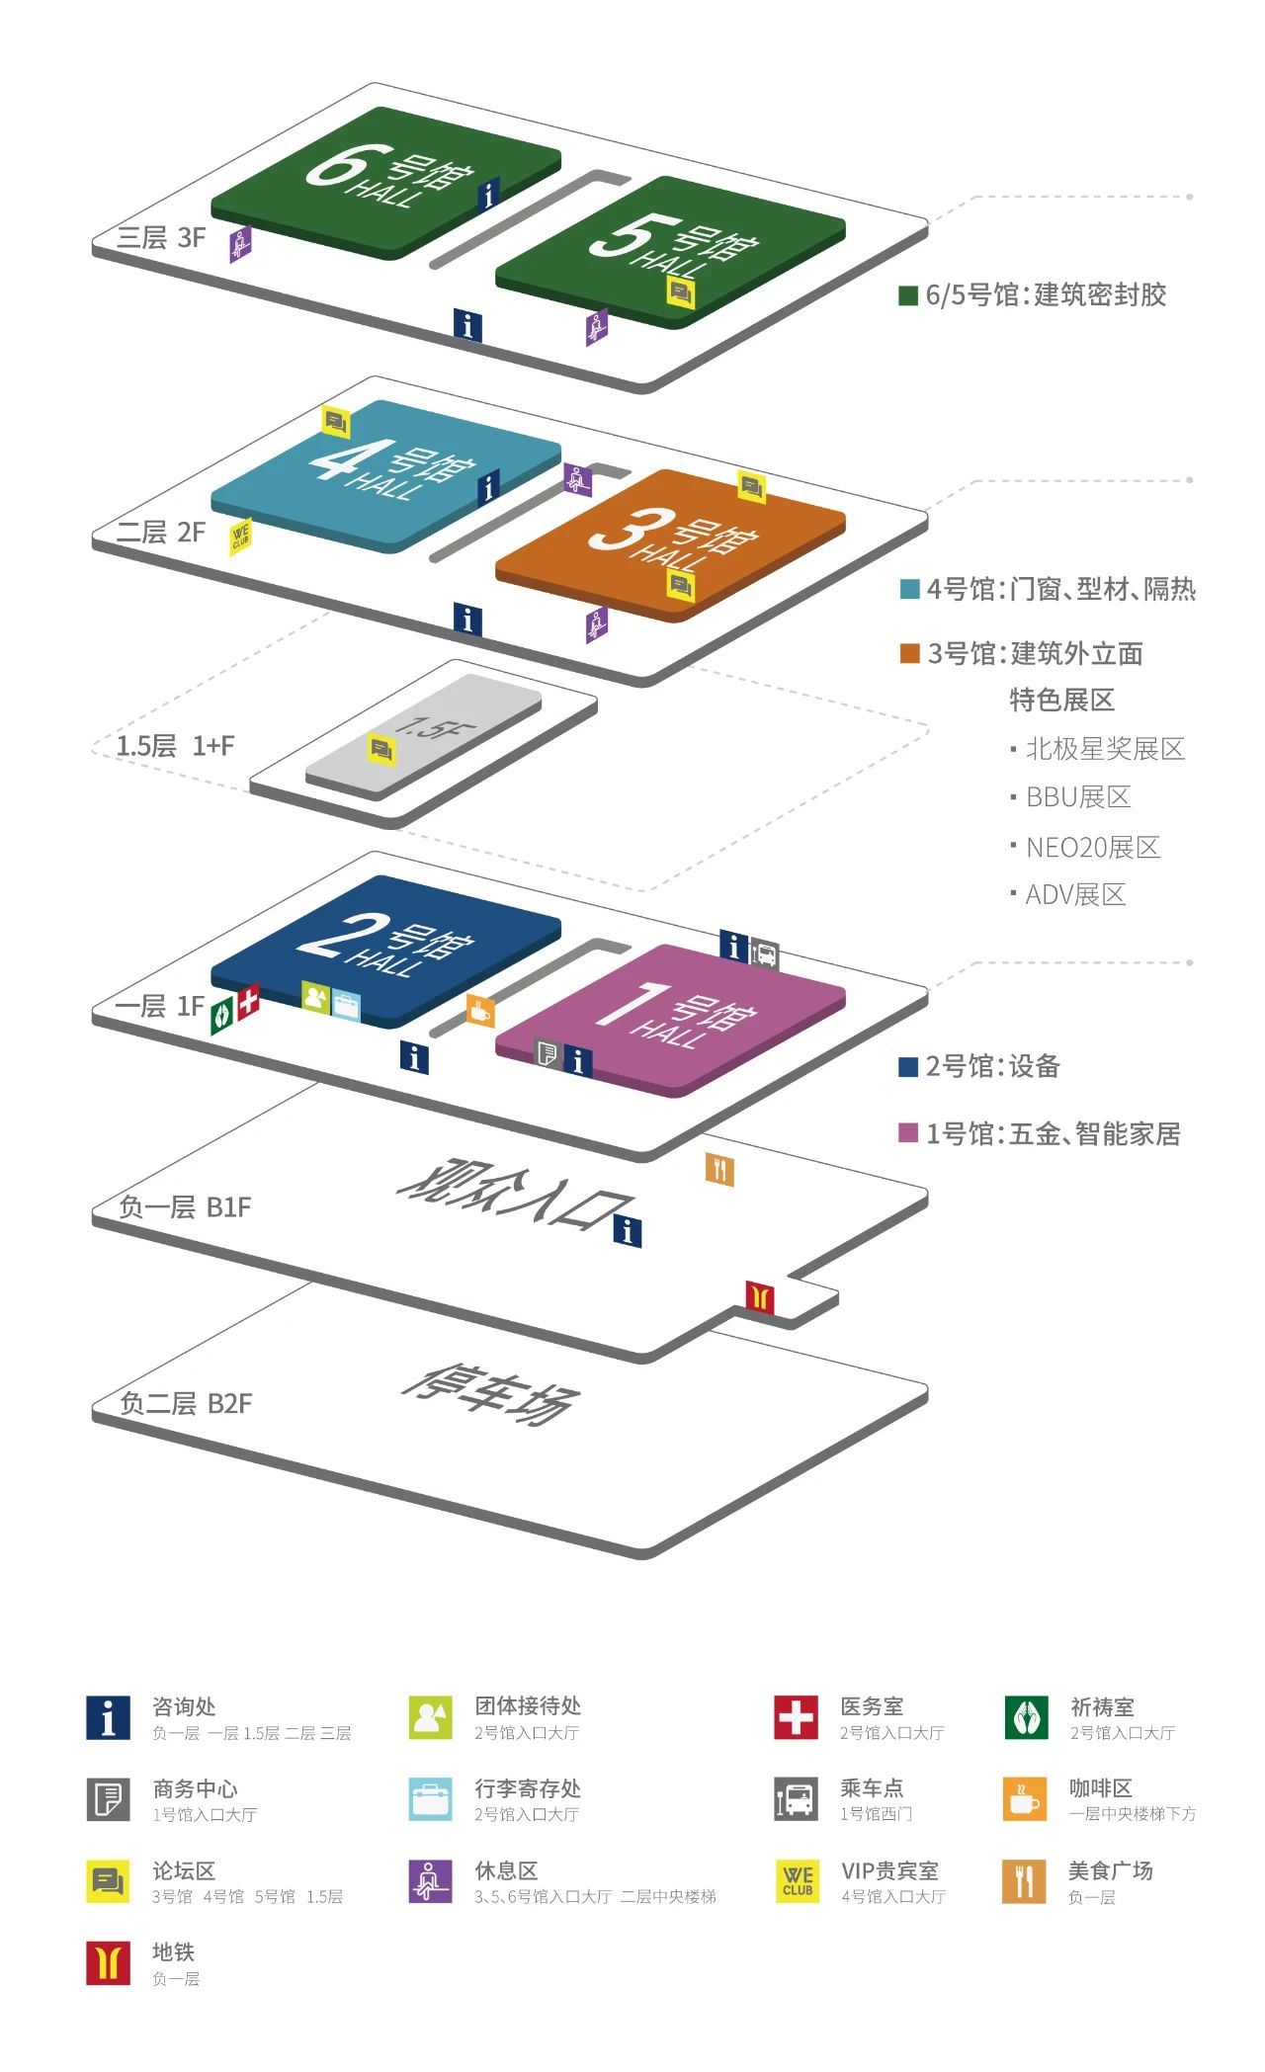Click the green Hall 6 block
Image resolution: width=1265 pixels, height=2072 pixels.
[x=385, y=182]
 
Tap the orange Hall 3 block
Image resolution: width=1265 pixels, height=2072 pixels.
[x=670, y=544]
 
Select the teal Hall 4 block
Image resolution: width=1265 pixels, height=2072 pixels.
[x=385, y=475]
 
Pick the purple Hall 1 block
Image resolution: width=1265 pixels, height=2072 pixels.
[x=670, y=1019]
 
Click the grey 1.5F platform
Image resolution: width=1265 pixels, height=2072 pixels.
[x=423, y=736]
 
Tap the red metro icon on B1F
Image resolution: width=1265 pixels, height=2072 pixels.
[x=759, y=1296]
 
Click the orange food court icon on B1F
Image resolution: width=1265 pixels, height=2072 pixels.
[x=719, y=1170]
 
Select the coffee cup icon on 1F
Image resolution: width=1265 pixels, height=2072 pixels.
[x=480, y=1010]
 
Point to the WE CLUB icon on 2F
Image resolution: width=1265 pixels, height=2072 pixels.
[x=240, y=537]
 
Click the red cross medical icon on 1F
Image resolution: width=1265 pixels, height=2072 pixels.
[x=248, y=1002]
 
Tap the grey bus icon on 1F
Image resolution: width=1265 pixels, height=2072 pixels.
[x=765, y=954]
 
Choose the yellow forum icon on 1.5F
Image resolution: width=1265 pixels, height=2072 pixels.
[x=382, y=749]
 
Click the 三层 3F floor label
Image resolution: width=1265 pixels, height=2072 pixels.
[x=161, y=237]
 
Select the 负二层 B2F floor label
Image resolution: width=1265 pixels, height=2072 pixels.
[x=186, y=1403]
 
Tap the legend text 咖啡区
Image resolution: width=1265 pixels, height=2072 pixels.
[x=1101, y=1788]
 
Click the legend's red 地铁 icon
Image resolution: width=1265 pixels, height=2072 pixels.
[x=108, y=1962]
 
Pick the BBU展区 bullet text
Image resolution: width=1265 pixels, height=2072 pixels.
[x=1078, y=797]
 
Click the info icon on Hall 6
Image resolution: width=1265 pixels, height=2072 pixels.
[x=489, y=195]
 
